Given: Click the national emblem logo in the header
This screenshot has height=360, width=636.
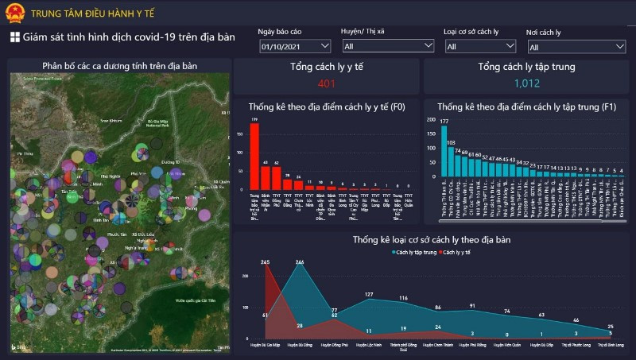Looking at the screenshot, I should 15,13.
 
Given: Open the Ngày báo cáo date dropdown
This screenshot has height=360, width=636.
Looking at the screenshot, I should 295,47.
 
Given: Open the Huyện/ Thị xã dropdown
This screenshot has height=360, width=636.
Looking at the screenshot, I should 387,47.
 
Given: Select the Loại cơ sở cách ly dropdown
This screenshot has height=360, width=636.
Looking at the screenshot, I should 479,47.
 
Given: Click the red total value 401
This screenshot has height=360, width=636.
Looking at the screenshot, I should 327,83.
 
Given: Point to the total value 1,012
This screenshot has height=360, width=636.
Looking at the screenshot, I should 526,83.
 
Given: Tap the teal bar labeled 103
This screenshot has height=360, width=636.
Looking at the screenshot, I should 451,163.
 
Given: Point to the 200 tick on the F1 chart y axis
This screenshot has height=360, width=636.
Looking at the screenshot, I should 432,118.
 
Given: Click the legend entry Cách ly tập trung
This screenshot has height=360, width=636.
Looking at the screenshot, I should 415,252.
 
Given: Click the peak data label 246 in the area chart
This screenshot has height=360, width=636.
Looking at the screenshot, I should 300,263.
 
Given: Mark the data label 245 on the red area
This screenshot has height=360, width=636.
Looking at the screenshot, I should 265,263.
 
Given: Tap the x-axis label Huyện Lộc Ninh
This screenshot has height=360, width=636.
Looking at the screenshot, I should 368,346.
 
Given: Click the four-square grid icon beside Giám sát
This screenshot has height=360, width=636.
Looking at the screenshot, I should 14,37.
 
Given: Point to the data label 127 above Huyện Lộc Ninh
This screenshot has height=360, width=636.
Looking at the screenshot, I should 369,295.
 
